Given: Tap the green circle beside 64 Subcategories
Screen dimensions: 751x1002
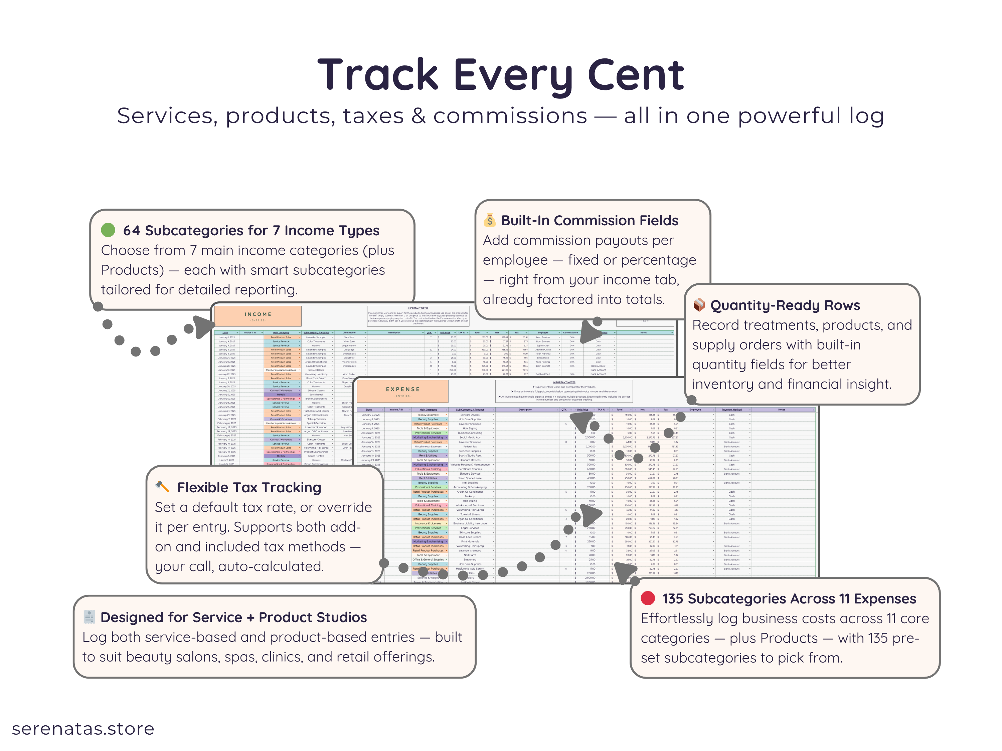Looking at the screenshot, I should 108,230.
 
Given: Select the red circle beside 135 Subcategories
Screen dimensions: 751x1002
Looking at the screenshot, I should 648,598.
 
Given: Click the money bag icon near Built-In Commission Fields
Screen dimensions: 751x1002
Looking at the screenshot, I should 489,220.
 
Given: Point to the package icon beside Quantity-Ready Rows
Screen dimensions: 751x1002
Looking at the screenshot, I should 699,305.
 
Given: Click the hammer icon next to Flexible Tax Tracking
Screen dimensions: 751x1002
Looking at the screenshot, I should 162,487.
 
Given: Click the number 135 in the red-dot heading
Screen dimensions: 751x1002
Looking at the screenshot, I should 673,598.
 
